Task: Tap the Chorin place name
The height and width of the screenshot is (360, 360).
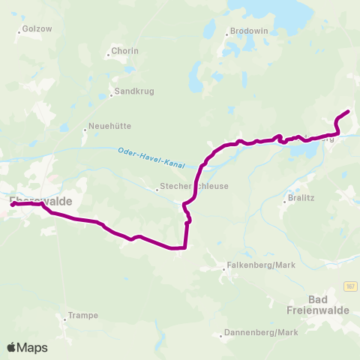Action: [124, 51]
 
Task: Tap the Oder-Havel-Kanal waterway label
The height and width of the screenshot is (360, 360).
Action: [151, 157]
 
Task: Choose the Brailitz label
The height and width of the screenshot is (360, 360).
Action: [301, 198]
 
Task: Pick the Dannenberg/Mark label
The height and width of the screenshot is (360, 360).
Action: [253, 331]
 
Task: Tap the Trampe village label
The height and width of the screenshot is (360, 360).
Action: [82, 315]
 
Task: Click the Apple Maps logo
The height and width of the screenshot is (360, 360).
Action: [27, 347]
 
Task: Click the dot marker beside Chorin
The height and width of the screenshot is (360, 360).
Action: [108, 55]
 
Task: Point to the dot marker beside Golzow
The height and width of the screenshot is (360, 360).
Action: [19, 31]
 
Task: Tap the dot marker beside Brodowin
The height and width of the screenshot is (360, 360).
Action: [226, 32]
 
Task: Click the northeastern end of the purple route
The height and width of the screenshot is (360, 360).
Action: [348, 112]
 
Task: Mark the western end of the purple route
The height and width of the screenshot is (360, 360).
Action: [13, 204]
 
